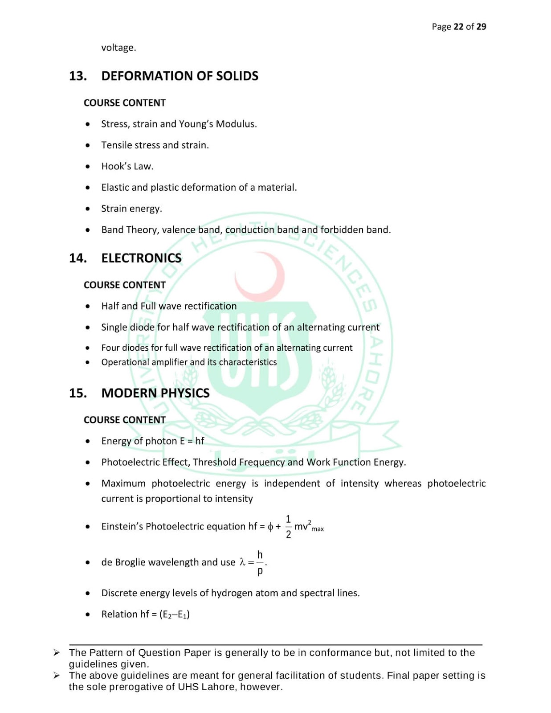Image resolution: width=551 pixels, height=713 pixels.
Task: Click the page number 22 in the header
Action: pos(458,27)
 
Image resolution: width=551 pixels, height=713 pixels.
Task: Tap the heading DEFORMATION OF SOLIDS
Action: pos(180,76)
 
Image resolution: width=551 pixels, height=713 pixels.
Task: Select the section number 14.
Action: pos(78,258)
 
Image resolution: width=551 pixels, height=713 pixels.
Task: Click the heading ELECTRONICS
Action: pos(141,258)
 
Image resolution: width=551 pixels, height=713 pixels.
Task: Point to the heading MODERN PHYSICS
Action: pos(155,393)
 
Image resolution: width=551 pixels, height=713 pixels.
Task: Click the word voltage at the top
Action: pos(118,48)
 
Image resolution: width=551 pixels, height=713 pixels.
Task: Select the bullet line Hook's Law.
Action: pos(127,167)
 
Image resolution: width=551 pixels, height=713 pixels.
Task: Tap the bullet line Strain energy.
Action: pos(131,209)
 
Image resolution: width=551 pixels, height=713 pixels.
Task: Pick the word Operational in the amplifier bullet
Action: pos(121,362)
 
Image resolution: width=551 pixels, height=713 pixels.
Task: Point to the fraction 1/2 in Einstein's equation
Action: pos(288,527)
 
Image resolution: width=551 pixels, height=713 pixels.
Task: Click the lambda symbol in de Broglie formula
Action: pos(242,562)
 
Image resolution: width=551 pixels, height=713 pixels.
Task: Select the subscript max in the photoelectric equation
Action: pos(318,529)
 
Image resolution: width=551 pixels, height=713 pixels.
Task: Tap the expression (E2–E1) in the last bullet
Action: pos(174,615)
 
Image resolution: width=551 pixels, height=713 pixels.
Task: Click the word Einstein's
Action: pos(122,527)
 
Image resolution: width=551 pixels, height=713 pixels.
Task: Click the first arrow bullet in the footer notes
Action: pos(57,653)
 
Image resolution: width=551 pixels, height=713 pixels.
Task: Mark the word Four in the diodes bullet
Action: pos(110,348)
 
